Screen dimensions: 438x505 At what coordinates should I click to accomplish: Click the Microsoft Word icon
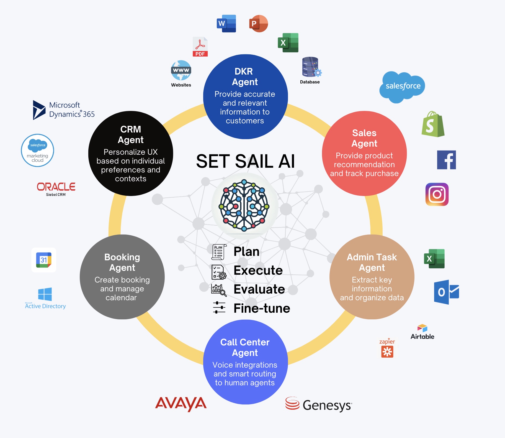point(226,24)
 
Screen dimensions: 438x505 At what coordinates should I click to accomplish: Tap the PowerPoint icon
point(258,24)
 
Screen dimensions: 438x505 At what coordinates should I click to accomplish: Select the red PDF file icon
point(200,47)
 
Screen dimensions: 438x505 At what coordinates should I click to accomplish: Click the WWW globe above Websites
point(181,70)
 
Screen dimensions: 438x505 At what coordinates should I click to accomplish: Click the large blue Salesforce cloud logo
point(402,86)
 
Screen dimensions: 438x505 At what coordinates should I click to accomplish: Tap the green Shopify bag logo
point(433,124)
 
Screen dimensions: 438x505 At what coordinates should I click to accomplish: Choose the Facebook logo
point(446,160)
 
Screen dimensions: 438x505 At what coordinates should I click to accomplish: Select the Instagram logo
point(437,194)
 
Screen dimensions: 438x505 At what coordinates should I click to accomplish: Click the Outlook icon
point(446,292)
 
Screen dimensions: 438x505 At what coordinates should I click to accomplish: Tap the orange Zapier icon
point(387,349)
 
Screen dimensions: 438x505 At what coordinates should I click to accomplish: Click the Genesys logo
point(318,404)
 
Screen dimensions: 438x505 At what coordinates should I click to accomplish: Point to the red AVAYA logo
point(181,403)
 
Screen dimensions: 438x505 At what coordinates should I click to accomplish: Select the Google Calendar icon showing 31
point(44,260)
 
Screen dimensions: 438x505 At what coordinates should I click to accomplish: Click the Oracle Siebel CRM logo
point(56,189)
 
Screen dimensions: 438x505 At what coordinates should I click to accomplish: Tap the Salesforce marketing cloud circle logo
point(37,151)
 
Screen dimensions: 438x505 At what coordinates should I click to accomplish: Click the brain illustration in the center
point(244,205)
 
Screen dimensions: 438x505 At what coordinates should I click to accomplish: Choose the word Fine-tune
point(262,308)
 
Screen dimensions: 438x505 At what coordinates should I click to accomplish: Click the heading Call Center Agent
point(245,347)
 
